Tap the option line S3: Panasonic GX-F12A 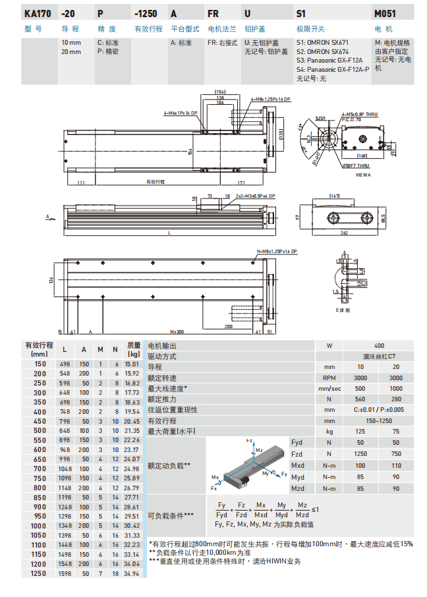click(324, 59)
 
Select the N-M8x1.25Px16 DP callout click(276, 252)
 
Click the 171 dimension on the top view click(241, 182)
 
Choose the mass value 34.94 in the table click(132, 573)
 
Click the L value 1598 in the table click(65, 573)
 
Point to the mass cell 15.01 click(132, 364)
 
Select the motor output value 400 click(378, 345)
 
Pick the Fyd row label click(298, 443)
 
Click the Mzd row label click(298, 488)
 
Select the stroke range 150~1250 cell click(378, 420)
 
